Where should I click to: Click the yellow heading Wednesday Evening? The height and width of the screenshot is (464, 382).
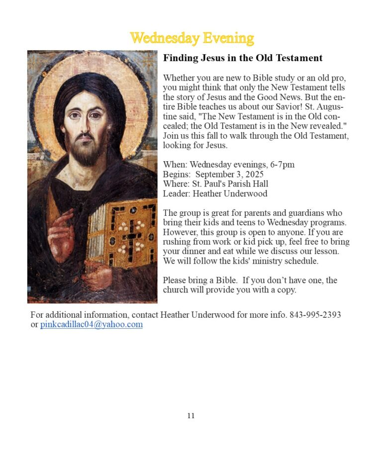191,38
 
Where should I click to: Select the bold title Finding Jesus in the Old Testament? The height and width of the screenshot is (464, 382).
243,58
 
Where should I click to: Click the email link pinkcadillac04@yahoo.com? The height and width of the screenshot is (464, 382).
92,325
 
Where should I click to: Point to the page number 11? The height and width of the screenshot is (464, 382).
191,416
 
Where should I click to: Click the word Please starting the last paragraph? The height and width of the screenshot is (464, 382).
175,280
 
